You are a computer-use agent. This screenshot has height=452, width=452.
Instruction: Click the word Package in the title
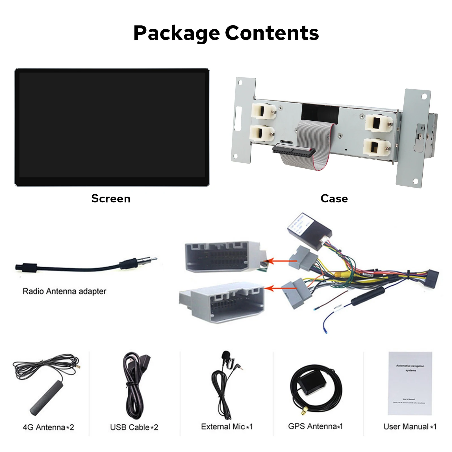(x=176, y=33)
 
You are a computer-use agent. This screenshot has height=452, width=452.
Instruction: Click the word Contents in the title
(x=272, y=33)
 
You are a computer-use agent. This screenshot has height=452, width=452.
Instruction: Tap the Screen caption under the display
(x=111, y=199)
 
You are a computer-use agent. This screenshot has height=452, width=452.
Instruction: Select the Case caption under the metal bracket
(x=334, y=199)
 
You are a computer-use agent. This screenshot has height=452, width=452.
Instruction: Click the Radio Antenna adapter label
(x=64, y=291)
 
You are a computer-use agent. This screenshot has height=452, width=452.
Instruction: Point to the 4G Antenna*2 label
(x=48, y=427)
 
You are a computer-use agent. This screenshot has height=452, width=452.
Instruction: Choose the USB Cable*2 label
(x=134, y=427)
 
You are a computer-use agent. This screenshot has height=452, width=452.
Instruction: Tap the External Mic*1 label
(x=227, y=427)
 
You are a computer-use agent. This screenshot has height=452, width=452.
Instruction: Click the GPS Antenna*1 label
(x=315, y=426)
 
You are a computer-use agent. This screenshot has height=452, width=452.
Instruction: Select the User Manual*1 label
(x=410, y=427)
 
